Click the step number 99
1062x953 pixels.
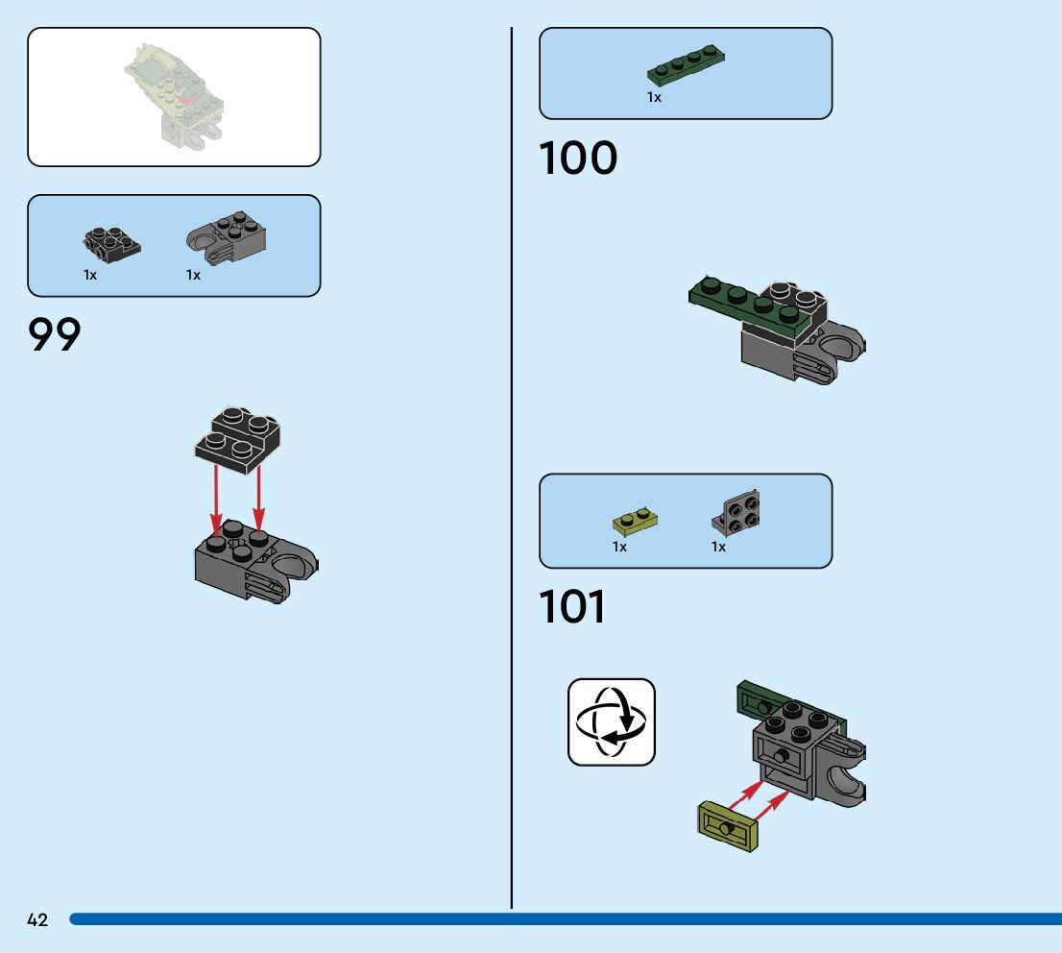point(55,335)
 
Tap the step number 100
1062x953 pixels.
point(578,159)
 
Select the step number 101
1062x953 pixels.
point(572,607)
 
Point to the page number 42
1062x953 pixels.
point(37,920)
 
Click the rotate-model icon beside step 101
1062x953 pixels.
point(611,722)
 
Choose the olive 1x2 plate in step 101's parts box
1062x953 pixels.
point(634,521)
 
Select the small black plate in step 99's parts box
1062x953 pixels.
point(111,243)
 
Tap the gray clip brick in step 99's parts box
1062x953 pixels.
point(227,238)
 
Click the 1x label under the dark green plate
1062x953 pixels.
point(654,97)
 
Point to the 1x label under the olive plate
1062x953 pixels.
point(619,547)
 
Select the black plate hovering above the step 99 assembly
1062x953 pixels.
point(238,438)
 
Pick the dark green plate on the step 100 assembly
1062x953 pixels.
point(754,305)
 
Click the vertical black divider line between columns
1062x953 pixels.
point(512,461)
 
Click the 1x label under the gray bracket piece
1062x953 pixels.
point(718,547)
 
